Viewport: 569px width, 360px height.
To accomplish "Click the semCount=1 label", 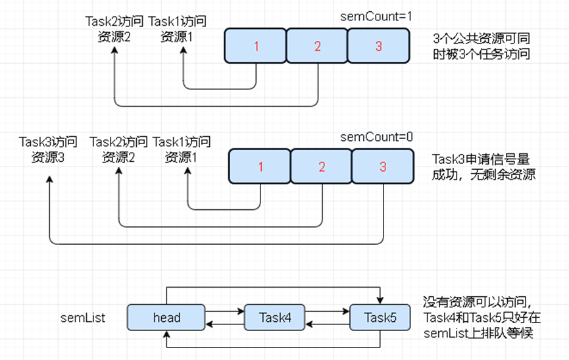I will click(x=376, y=16).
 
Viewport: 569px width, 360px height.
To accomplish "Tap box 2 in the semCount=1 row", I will click(x=317, y=46).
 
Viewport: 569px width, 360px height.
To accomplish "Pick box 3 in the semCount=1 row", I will click(x=378, y=46).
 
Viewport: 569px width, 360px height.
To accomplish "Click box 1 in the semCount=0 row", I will click(x=260, y=167).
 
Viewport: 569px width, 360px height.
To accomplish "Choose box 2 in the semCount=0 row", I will click(x=322, y=167).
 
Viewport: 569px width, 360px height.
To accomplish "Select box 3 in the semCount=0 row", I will click(x=383, y=167).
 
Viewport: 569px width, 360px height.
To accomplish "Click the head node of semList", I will click(x=166, y=318).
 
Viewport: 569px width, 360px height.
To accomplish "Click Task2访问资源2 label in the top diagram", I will click(x=114, y=29).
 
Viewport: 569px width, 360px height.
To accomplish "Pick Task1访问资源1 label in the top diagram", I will click(x=177, y=29).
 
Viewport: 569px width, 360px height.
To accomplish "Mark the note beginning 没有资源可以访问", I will click(x=483, y=318).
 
